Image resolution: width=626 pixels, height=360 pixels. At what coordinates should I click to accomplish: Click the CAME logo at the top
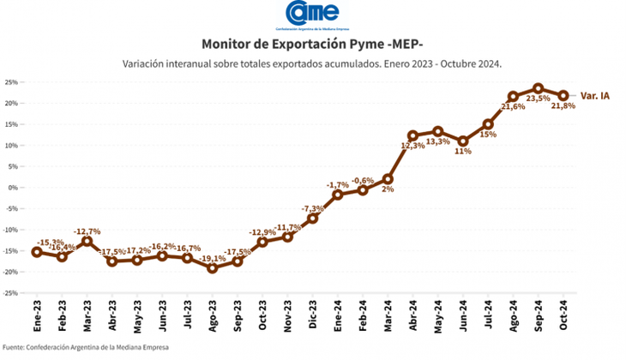tap(312, 14)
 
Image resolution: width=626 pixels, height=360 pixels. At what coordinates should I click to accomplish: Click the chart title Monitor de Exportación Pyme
tap(312, 43)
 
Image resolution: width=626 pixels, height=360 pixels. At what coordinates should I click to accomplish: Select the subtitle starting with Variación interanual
tap(312, 63)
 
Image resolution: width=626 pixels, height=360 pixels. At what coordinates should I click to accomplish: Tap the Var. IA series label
tap(595, 96)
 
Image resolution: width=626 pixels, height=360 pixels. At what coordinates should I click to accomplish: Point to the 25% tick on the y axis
tap(12, 82)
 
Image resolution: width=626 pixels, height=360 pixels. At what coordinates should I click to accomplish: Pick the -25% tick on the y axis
tap(12, 293)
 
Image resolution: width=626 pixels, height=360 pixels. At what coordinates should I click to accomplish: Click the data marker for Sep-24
tap(538, 88)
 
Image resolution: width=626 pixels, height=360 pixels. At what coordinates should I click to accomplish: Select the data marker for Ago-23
tap(213, 267)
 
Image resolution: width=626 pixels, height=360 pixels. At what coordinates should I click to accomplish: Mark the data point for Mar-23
tap(87, 241)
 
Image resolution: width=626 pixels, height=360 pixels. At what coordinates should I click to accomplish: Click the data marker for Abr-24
tap(412, 135)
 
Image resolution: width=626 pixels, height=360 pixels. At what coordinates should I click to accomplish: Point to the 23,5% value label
tap(538, 99)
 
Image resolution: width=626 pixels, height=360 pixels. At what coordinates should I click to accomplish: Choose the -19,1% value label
tap(213, 258)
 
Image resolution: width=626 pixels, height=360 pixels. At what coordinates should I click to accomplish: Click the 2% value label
tap(388, 189)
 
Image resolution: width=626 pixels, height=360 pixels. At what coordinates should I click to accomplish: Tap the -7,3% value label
tap(313, 208)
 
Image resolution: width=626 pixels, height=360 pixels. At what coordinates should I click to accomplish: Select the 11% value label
tap(463, 152)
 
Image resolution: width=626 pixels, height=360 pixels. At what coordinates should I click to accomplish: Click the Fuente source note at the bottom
tap(85, 347)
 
